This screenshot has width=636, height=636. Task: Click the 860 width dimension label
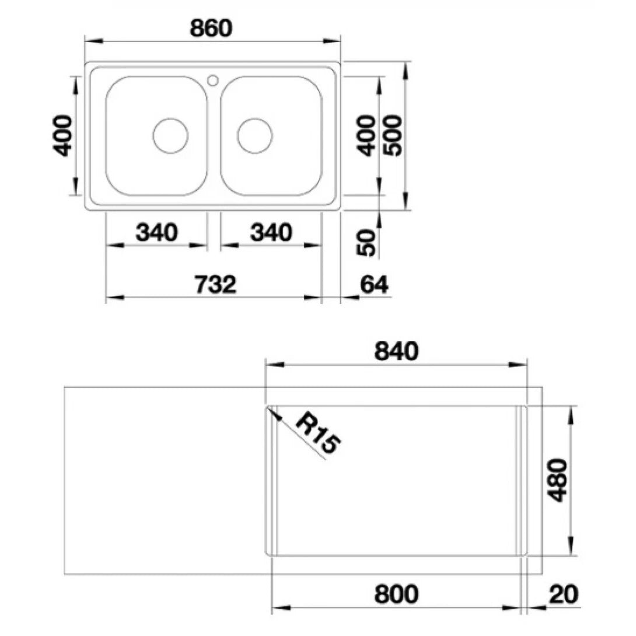pyautogui.click(x=211, y=28)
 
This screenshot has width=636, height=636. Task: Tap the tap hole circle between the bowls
pyautogui.click(x=213, y=80)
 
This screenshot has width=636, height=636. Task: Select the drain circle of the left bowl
pyautogui.click(x=170, y=135)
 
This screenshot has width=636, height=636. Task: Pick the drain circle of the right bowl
pyautogui.click(x=255, y=135)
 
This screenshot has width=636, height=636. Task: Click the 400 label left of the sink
pyautogui.click(x=63, y=135)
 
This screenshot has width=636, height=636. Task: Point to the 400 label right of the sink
pyautogui.click(x=366, y=135)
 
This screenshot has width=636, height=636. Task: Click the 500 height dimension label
pyautogui.click(x=393, y=135)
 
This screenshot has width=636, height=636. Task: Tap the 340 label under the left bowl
pyautogui.click(x=156, y=232)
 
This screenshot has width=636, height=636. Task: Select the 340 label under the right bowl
pyautogui.click(x=271, y=232)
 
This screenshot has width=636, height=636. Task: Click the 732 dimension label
pyautogui.click(x=215, y=284)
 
